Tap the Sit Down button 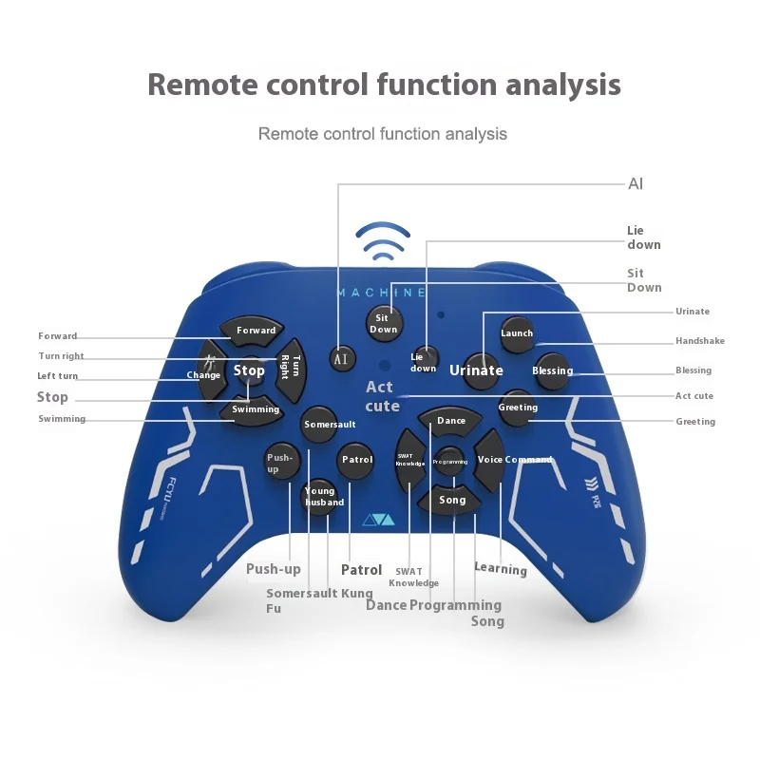click(x=383, y=323)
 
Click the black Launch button click(x=517, y=333)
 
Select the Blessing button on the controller click(x=552, y=370)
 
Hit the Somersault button click(x=330, y=425)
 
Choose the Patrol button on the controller click(x=357, y=460)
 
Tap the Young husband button click(x=320, y=496)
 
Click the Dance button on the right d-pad click(x=451, y=420)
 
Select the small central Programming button click(x=450, y=461)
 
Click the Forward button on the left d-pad click(x=256, y=330)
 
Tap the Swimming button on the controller click(x=256, y=409)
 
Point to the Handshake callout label click(x=699, y=341)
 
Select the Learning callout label click(x=501, y=569)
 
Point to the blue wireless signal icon click(x=383, y=243)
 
